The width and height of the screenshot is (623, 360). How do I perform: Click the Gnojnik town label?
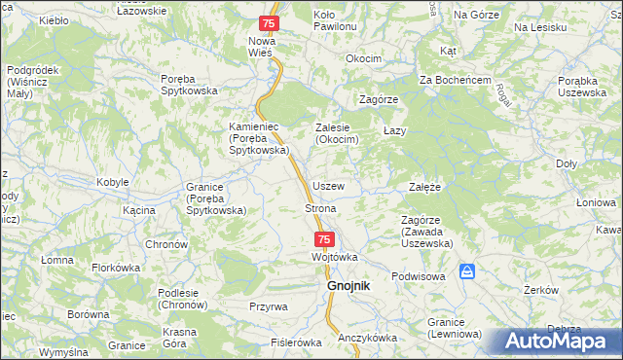coord(348,285)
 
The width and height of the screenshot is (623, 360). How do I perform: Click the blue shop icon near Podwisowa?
coord(467,270)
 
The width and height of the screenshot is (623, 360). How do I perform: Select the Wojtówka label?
coord(335,257)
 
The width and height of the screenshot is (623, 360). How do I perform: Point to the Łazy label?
coord(394,130)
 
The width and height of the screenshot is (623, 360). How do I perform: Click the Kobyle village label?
coord(113,182)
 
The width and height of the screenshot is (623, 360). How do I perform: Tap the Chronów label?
coord(165,243)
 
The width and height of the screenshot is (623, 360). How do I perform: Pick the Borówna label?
coord(88,315)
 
